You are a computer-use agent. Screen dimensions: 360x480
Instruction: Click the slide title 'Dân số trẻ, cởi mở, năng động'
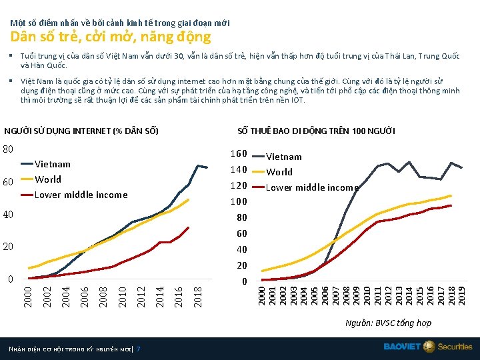click(x=110, y=37)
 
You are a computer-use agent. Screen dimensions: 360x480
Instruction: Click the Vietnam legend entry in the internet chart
click(x=52, y=164)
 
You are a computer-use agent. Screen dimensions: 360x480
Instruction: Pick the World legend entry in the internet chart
click(x=47, y=179)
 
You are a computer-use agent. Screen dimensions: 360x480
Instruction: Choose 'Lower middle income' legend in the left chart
click(x=80, y=195)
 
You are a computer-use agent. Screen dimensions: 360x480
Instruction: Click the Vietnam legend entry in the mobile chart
click(x=284, y=157)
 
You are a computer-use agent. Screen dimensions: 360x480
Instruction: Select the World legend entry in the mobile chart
click(x=279, y=172)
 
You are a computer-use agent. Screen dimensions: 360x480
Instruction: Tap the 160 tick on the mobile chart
click(x=239, y=154)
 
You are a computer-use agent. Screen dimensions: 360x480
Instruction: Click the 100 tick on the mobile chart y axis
click(x=239, y=202)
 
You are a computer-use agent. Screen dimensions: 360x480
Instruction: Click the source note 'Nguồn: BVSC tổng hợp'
click(x=388, y=323)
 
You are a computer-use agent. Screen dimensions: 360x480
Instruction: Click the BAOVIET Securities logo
click(x=427, y=347)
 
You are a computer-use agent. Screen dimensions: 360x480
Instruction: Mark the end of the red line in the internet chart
click(x=189, y=227)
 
